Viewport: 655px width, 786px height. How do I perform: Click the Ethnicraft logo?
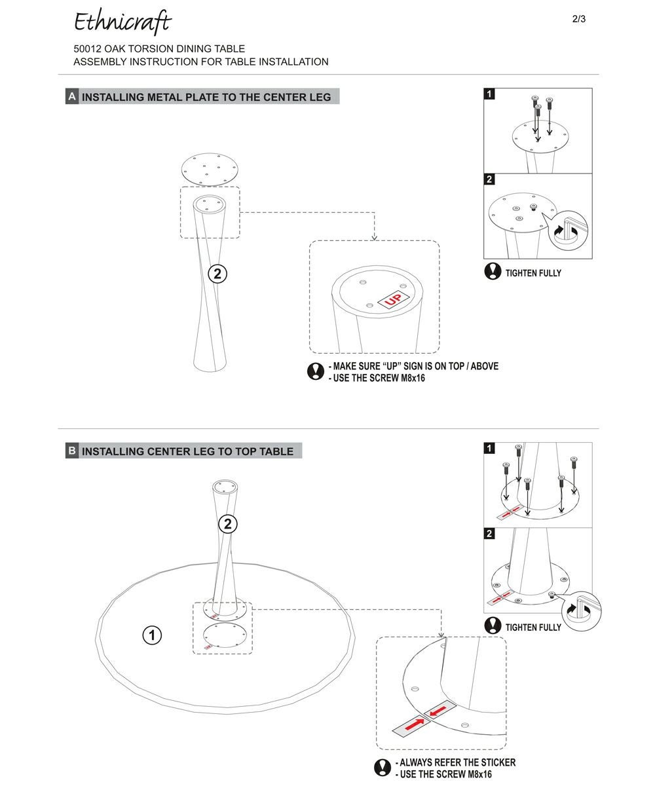122,22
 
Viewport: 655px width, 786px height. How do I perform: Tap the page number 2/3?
579,19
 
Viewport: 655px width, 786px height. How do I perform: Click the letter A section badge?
72,97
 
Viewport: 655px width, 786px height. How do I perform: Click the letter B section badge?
72,451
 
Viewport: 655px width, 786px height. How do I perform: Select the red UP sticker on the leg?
393,300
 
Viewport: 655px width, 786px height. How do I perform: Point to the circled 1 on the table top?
152,635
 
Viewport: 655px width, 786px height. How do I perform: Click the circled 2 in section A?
217,274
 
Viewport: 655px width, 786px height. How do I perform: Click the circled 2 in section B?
227,524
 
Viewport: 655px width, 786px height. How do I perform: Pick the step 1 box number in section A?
490,94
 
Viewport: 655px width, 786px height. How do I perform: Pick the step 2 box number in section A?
490,179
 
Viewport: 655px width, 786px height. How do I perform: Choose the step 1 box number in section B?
490,449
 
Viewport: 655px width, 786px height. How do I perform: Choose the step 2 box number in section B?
490,534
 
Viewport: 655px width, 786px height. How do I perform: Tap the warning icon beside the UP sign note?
316,371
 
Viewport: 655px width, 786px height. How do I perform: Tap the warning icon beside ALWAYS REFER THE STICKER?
383,768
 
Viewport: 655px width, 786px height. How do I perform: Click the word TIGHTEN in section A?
522,273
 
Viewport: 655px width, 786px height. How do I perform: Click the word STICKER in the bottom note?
497,762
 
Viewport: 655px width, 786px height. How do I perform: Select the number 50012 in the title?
87,48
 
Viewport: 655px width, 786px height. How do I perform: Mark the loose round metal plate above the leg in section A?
209,168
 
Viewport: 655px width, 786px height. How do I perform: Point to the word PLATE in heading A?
200,97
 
